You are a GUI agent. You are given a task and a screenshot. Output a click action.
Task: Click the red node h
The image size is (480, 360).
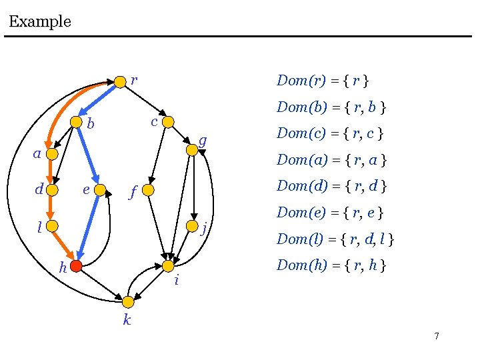[x=76, y=266]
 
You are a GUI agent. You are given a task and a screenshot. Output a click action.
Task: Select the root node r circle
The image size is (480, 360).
[x=120, y=81]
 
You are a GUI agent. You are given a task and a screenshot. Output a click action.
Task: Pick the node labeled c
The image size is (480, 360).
[x=168, y=121]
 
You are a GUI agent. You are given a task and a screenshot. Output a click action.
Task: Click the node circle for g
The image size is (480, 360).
[x=192, y=150]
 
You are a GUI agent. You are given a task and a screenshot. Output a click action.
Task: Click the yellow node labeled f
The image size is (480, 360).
[x=149, y=191]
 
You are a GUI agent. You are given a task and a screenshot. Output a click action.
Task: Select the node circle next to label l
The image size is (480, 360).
[x=53, y=226]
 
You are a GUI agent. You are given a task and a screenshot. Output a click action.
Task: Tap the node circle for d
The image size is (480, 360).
[x=53, y=190]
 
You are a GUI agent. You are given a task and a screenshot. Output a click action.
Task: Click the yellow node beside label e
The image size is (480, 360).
[x=100, y=190]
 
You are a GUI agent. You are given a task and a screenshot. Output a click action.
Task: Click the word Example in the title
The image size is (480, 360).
[x=40, y=21]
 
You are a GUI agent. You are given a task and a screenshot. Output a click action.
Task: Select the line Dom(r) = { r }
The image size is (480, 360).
[x=323, y=81]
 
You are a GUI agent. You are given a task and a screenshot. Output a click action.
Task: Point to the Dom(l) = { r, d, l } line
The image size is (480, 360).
[x=335, y=239]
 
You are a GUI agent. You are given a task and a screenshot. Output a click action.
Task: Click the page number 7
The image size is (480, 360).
[x=436, y=336]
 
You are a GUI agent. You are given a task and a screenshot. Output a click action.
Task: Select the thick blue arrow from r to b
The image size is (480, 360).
[x=97, y=99]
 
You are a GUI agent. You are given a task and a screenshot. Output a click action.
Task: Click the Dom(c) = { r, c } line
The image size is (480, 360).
[x=330, y=133]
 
